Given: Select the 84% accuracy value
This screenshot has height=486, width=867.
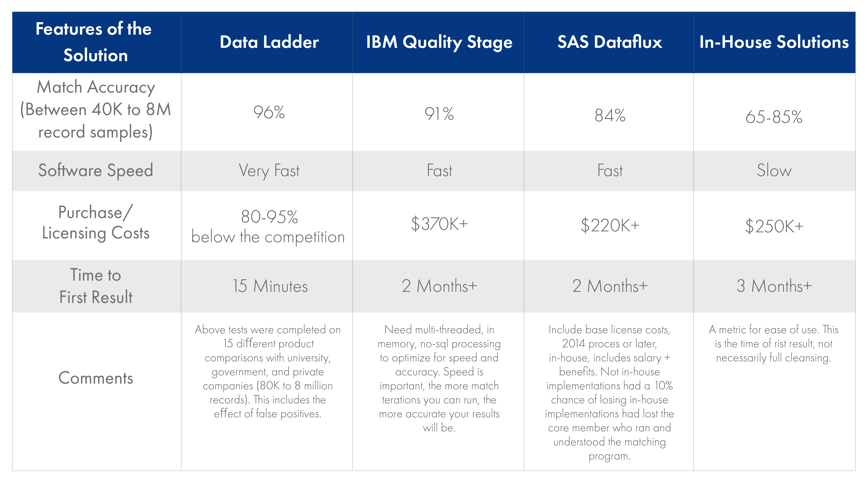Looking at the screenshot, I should [x=610, y=115].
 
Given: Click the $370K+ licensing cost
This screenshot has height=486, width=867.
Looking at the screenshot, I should [x=439, y=224].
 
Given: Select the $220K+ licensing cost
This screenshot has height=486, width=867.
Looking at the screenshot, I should [x=610, y=225].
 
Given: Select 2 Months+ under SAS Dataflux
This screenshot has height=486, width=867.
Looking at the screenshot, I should [x=610, y=286].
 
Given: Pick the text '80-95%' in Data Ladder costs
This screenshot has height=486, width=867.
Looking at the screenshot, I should [x=269, y=217].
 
